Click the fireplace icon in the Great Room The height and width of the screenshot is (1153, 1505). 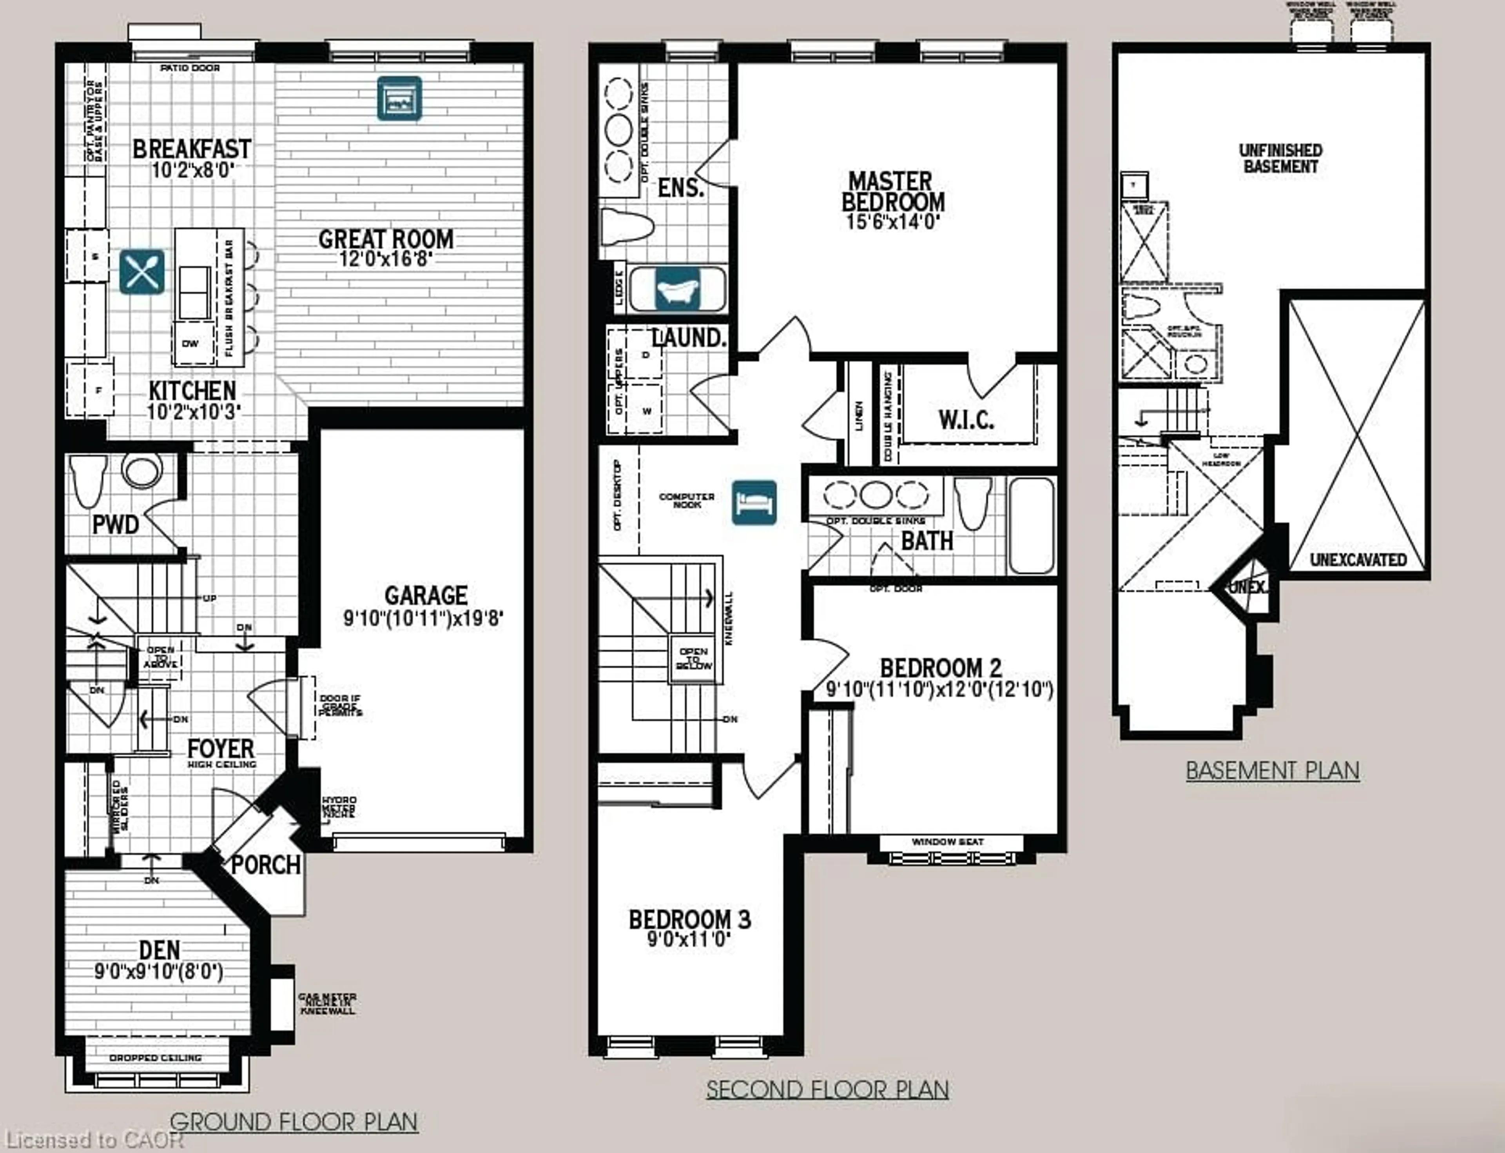click(x=399, y=98)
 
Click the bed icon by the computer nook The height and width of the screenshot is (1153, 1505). click(x=754, y=502)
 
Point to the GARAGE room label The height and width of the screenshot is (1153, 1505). click(x=426, y=595)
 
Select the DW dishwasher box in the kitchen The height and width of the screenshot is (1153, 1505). click(x=190, y=343)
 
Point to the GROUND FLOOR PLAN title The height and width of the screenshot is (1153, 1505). click(x=294, y=1122)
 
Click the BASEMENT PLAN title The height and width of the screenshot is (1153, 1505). click(x=1273, y=771)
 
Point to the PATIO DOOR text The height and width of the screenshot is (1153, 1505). click(x=190, y=68)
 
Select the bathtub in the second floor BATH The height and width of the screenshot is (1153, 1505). click(x=1031, y=525)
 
